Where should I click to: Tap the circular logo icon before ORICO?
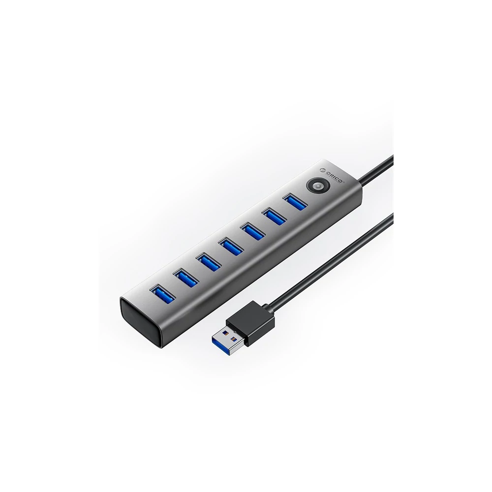pos(323,170)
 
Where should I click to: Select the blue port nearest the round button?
pos(295,202)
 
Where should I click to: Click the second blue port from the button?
pos(274,216)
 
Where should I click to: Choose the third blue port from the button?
pos(252,231)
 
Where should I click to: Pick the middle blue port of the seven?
pos(231,246)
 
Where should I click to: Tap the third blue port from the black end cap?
pos(208,262)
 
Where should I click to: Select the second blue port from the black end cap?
pos(185,277)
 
